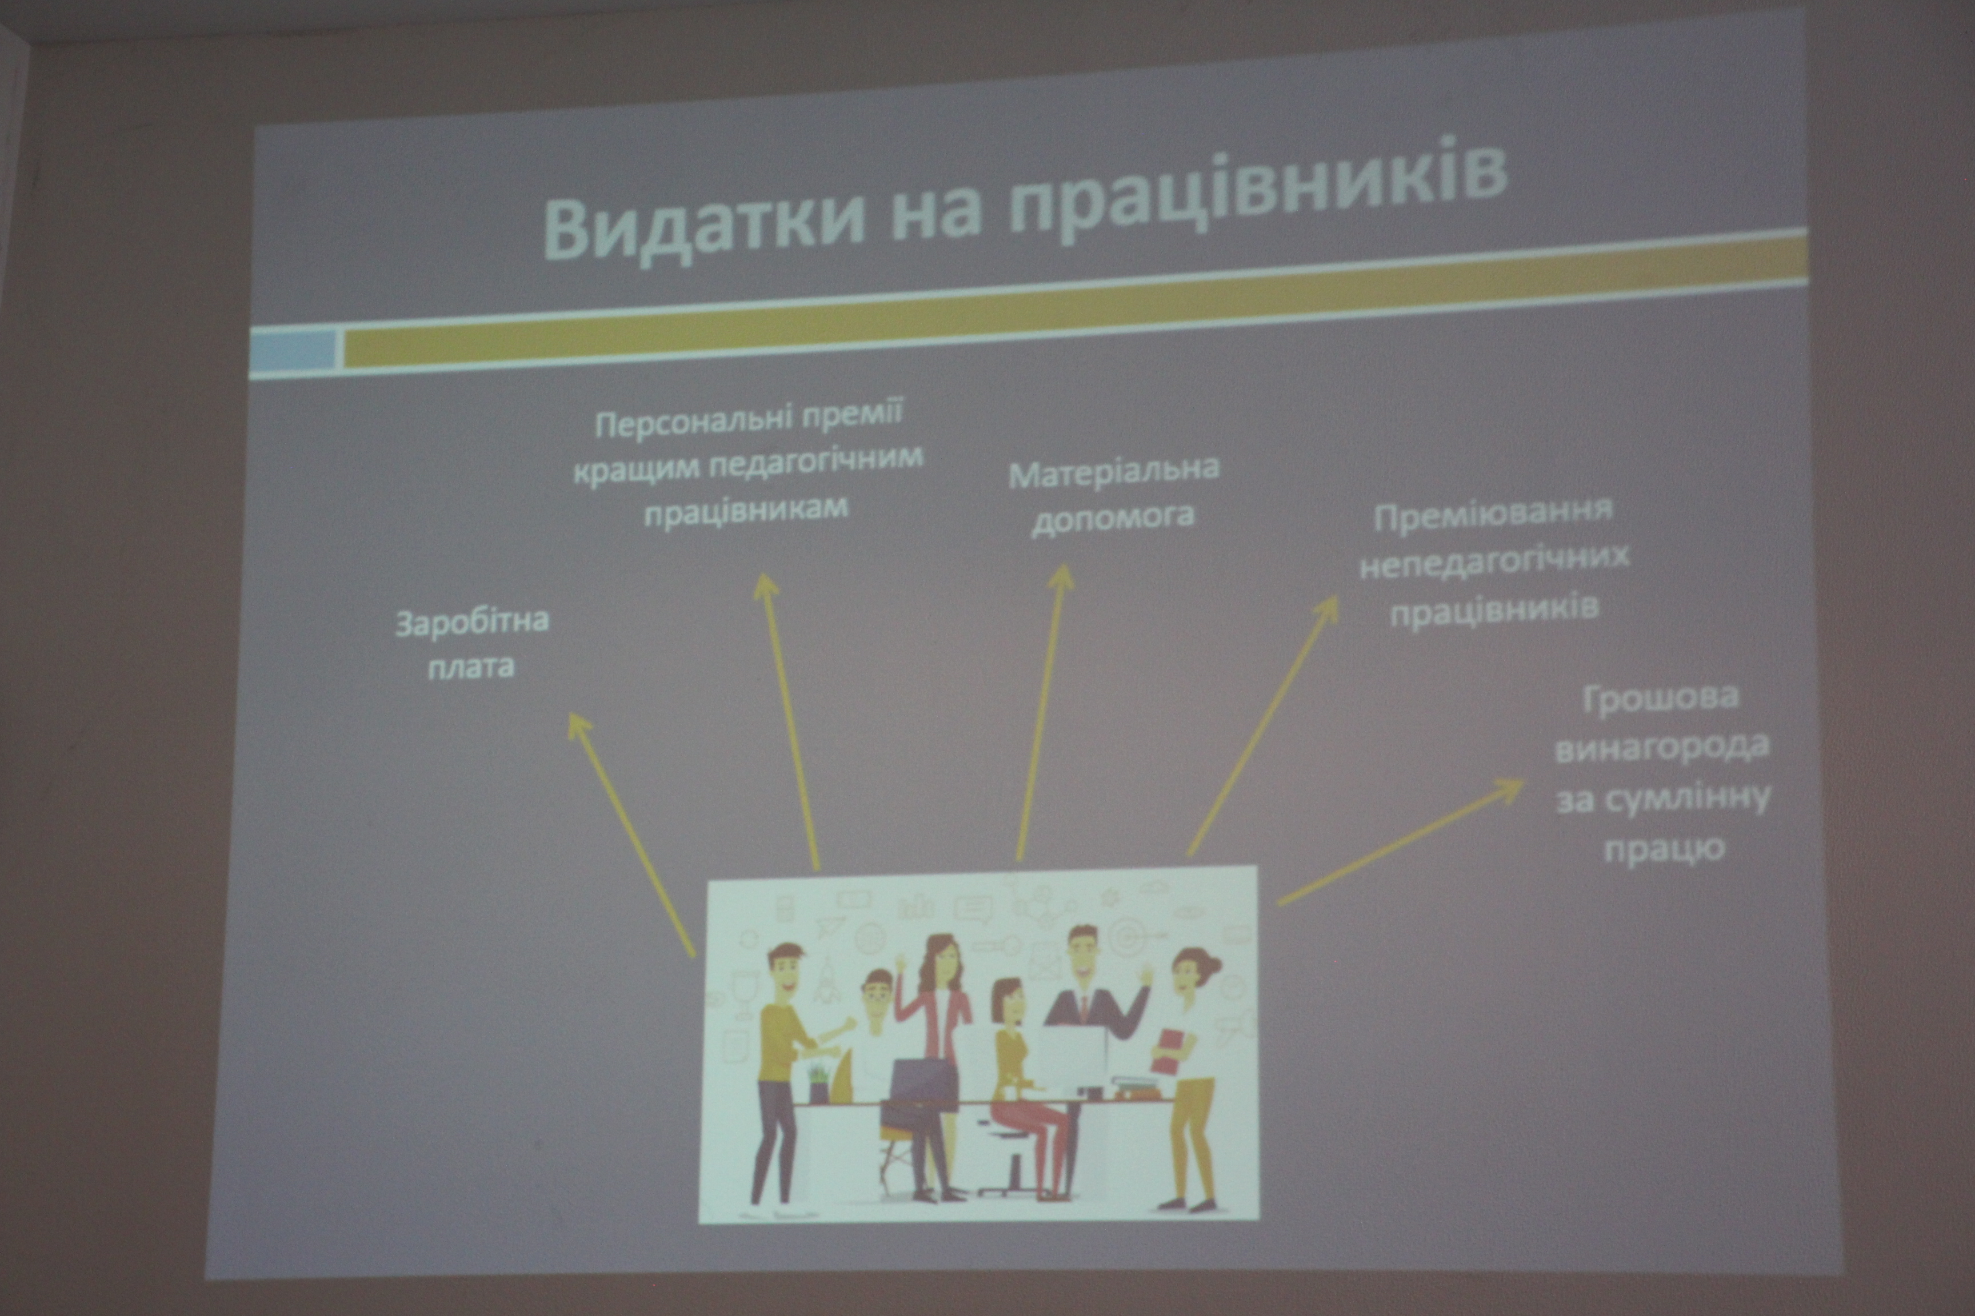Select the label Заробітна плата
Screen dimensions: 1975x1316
click(x=472, y=643)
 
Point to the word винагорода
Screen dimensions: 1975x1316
click(x=1662, y=747)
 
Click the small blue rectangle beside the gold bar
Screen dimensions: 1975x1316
click(x=293, y=351)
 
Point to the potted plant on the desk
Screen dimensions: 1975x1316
click(x=817, y=1083)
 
